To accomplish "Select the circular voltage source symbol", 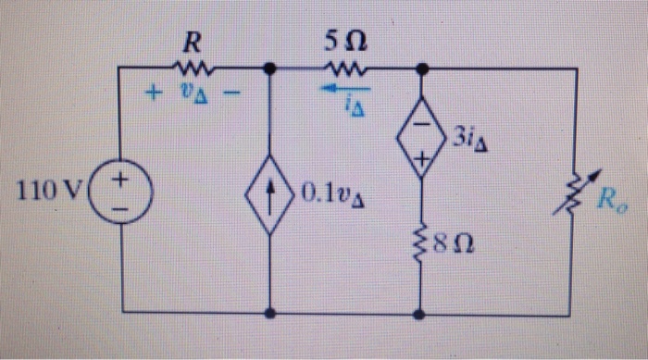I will coord(121,194).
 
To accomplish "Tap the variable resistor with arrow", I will coord(576,194).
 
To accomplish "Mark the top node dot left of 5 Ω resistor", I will coord(269,68).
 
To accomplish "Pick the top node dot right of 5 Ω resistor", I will coord(422,68).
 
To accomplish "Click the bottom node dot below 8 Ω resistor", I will coord(422,314).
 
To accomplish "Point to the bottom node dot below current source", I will coord(269,314).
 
